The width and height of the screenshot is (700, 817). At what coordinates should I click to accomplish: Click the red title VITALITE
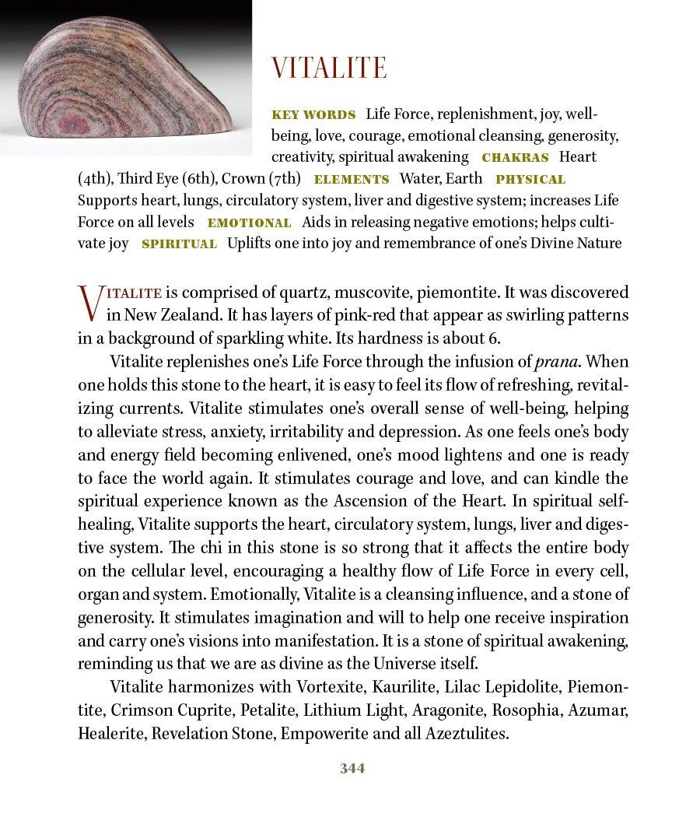[328, 68]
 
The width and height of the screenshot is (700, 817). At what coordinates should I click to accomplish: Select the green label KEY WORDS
[313, 114]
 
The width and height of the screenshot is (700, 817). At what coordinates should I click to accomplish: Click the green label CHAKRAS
[515, 157]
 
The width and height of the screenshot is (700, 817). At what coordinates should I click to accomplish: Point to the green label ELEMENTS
[351, 179]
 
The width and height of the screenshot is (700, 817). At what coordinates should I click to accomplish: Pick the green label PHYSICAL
[530, 179]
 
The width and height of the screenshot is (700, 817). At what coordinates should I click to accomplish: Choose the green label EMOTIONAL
[249, 223]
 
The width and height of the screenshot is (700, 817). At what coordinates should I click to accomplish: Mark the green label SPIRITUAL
[179, 244]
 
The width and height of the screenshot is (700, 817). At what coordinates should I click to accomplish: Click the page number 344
[352, 769]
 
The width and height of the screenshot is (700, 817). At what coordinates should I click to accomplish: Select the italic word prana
[558, 362]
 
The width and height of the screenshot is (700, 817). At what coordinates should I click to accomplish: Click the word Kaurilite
[406, 688]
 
